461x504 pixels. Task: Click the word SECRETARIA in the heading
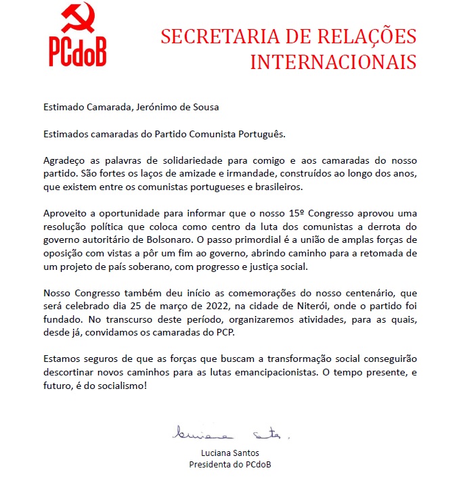(x=211, y=37)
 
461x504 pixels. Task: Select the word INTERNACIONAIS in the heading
(x=333, y=62)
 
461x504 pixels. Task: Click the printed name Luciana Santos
(x=231, y=453)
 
